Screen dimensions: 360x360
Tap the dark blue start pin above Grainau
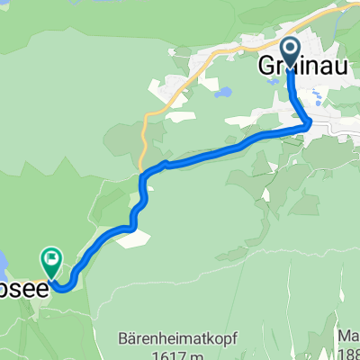tap(291, 49)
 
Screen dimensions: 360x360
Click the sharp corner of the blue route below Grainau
tap(309, 124)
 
